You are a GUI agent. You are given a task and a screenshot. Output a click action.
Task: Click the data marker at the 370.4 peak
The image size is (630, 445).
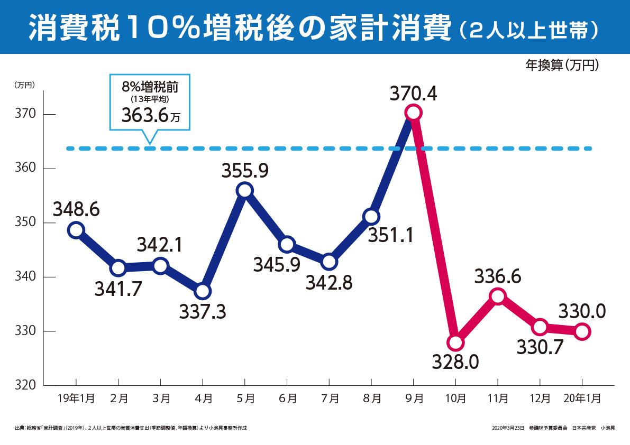coord(413,113)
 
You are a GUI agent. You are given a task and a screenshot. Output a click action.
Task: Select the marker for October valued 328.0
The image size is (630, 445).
coord(455,342)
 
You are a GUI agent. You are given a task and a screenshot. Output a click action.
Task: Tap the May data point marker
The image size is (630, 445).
coord(245,190)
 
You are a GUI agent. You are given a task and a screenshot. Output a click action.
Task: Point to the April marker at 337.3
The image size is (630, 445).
coord(203,291)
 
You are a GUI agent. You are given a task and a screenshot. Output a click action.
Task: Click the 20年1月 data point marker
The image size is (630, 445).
coord(582,332)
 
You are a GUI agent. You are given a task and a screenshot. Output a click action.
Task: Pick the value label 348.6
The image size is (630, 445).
coord(76,210)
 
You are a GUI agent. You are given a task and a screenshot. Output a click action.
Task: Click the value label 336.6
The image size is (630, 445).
coord(498,276)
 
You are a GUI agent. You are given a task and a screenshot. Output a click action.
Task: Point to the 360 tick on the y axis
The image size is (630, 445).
coord(25,169)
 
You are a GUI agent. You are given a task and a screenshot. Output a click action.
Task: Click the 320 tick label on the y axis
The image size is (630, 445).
coord(25,386)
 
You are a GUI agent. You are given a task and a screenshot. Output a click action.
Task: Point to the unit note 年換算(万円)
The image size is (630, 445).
coord(562,65)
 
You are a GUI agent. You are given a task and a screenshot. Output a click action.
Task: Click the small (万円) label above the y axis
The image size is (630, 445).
coord(24,84)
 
